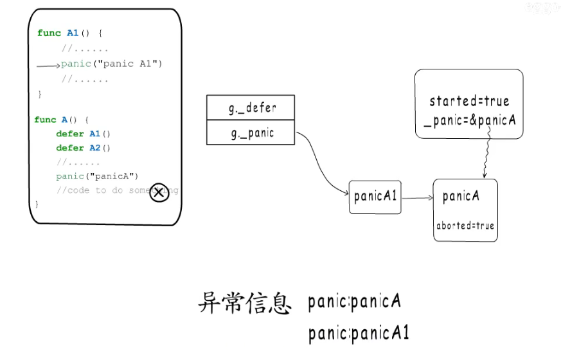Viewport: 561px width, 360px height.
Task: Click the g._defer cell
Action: [x=251, y=108]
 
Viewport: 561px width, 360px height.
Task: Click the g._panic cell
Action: [x=251, y=132]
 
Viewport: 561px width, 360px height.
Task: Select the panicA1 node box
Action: [x=375, y=197]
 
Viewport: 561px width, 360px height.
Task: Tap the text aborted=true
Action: [x=465, y=226]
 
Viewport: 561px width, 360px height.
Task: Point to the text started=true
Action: [x=469, y=101]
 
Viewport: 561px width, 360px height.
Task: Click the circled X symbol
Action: [x=159, y=192]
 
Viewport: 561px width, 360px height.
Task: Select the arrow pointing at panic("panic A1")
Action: [x=48, y=65]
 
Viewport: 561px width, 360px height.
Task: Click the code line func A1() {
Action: [x=69, y=33]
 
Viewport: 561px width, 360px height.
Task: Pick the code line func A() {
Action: [x=62, y=120]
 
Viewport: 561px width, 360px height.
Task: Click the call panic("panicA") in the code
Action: [x=97, y=176]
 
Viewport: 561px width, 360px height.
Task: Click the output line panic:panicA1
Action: [x=359, y=334]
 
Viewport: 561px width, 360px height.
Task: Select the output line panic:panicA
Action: [x=355, y=301]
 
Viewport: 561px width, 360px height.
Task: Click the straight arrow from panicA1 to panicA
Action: [x=417, y=198]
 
